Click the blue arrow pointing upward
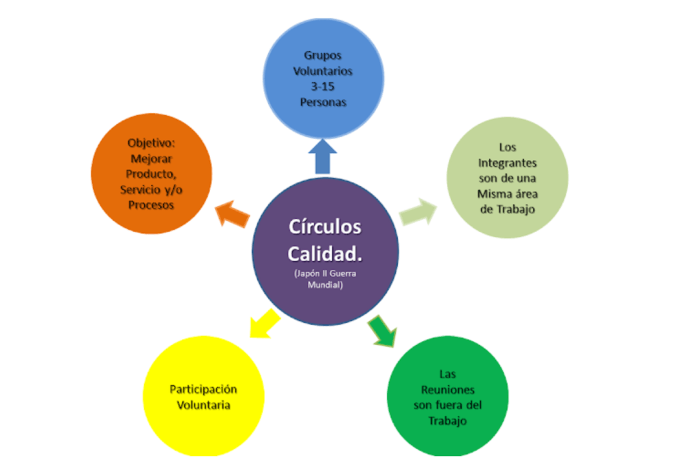pyautogui.click(x=323, y=156)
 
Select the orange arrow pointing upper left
pyautogui.click(x=233, y=215)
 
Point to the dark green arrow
pyautogui.click(x=383, y=330)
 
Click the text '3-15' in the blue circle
pyautogui.click(x=323, y=87)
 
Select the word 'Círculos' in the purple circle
pyautogui.click(x=325, y=226)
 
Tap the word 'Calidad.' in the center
pyautogui.click(x=325, y=253)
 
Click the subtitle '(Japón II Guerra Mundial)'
pyautogui.click(x=325, y=279)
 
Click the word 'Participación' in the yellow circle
pyautogui.click(x=203, y=389)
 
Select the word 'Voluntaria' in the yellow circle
pyautogui.click(x=203, y=405)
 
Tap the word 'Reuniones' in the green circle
pyautogui.click(x=448, y=389)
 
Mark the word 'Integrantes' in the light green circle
pyautogui.click(x=507, y=163)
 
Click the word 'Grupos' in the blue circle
pyautogui.click(x=323, y=55)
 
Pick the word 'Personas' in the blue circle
pyautogui.click(x=323, y=102)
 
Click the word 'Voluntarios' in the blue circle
pyautogui.click(x=323, y=71)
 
